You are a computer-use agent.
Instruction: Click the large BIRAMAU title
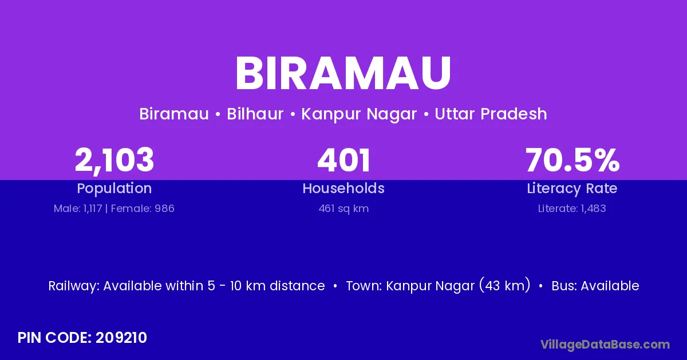pos(343,73)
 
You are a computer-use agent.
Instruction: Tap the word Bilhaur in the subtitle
pos(255,114)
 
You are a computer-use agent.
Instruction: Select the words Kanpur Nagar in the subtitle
pos(359,114)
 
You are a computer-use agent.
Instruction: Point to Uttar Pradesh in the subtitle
pos(491,114)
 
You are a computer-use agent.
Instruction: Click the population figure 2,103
pos(114,161)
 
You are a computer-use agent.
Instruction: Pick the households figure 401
pos(343,160)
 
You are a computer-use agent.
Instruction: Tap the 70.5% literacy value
pos(572,160)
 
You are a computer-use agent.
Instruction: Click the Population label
pos(114,189)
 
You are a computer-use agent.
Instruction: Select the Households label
pos(343,188)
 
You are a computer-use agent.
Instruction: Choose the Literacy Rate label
pos(572,189)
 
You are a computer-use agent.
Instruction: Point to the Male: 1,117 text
pos(78,209)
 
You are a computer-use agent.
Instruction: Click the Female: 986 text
pos(143,209)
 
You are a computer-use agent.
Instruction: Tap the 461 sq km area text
pos(343,209)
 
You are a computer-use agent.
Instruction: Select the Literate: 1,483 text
pos(572,209)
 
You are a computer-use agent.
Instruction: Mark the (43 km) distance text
pos(505,285)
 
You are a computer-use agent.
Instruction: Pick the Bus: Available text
pos(595,286)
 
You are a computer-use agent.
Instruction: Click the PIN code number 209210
pos(121,338)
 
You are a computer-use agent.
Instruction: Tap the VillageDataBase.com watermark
pos(605,345)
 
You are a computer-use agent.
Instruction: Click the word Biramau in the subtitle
pos(174,114)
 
